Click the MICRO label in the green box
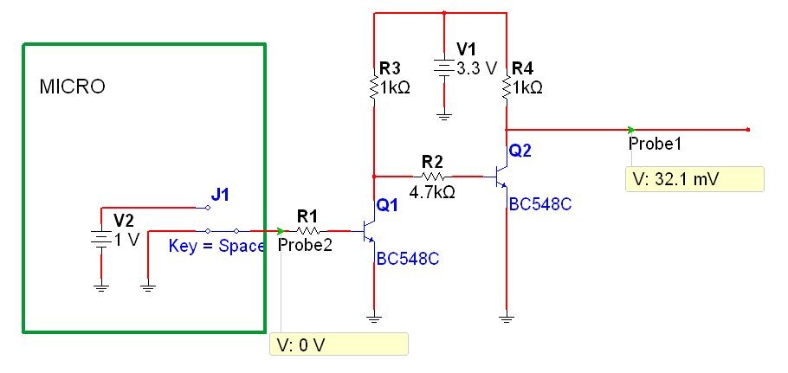point(73,87)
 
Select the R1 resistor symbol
point(308,231)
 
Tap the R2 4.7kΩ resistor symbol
point(432,177)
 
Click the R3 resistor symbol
point(374,87)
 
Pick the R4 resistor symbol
point(506,87)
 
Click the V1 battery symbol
point(443,68)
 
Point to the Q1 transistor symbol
point(369,232)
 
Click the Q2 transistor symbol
point(501,177)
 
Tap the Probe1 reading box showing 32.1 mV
point(694,179)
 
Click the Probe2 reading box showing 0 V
point(339,344)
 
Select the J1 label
point(220,195)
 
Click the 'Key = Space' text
point(216,246)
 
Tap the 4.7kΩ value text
point(433,192)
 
